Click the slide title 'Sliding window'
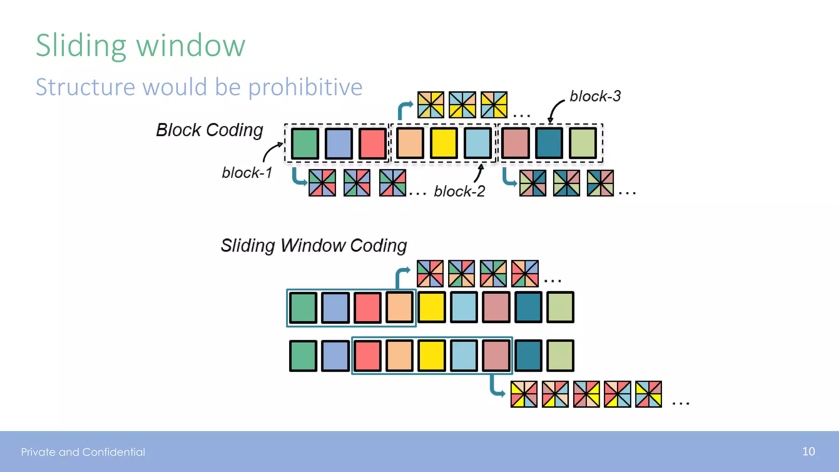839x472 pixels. click(x=141, y=45)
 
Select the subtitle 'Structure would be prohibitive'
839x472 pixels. click(x=199, y=87)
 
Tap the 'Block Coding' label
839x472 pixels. click(x=209, y=130)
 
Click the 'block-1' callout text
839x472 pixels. click(x=247, y=172)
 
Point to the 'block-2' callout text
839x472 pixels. click(x=459, y=191)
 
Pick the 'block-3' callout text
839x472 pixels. click(x=595, y=96)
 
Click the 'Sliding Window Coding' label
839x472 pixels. click(x=314, y=245)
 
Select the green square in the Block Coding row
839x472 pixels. click(x=305, y=143)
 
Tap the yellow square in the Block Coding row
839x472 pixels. click(x=444, y=143)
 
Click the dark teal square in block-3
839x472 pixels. click(x=549, y=143)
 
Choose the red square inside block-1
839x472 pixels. click(x=372, y=143)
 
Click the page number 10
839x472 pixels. click(x=808, y=452)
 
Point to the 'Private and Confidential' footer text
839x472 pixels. click(x=83, y=452)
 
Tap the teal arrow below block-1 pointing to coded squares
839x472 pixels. click(x=298, y=177)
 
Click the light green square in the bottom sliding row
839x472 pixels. click(x=560, y=356)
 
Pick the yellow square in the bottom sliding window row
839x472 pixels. click(x=431, y=356)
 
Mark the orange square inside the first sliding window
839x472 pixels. click(x=399, y=307)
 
